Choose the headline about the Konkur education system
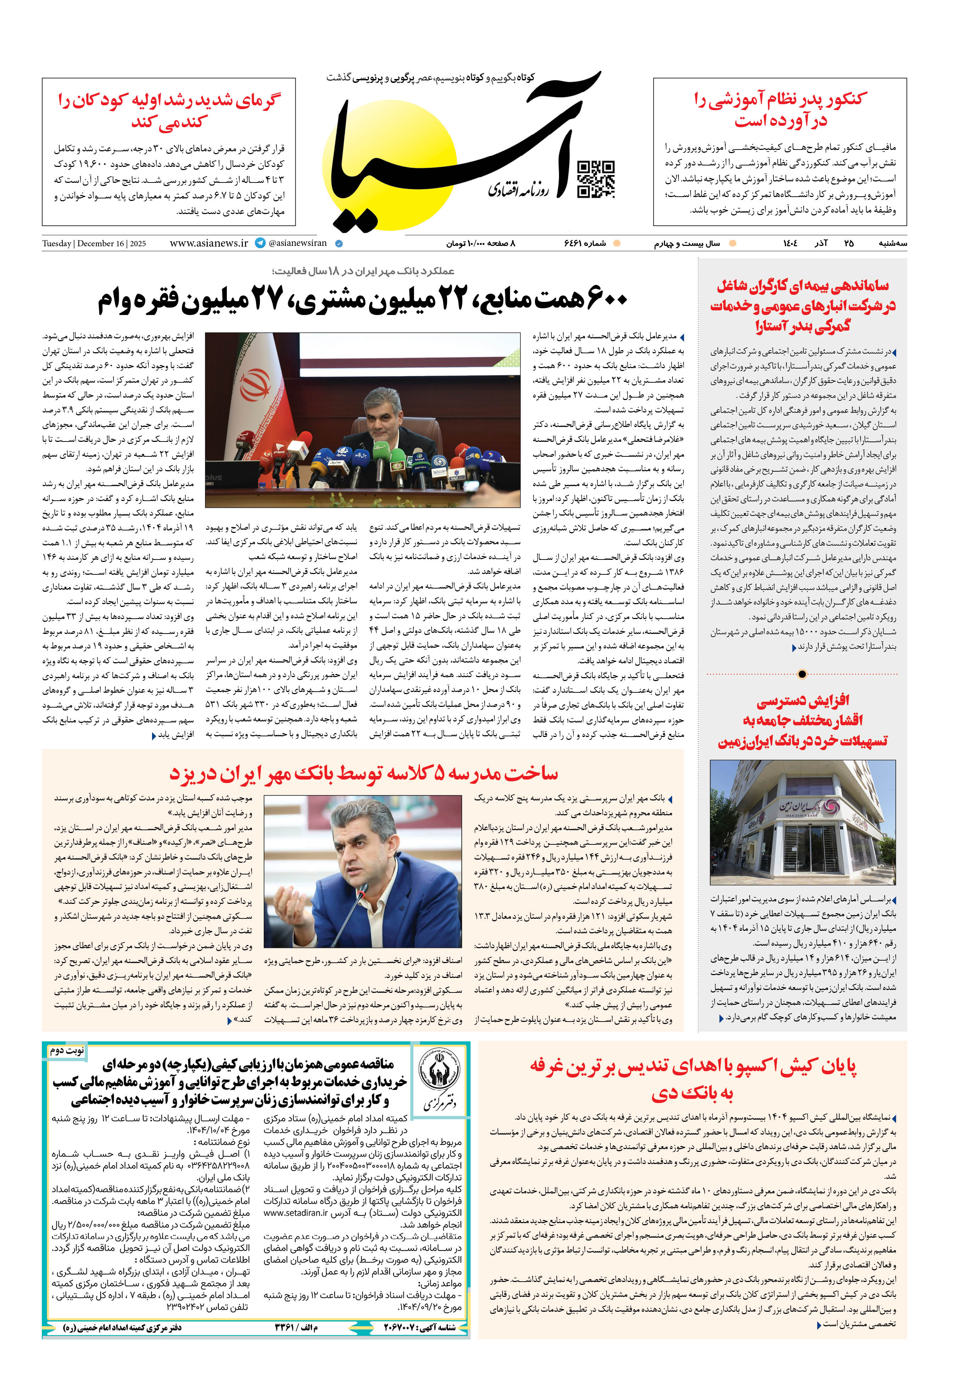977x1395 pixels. coord(780,109)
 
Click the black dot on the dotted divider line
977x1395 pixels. coord(802,674)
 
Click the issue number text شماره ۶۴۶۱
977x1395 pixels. coord(585,244)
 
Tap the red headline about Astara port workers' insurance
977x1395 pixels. coord(803,306)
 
